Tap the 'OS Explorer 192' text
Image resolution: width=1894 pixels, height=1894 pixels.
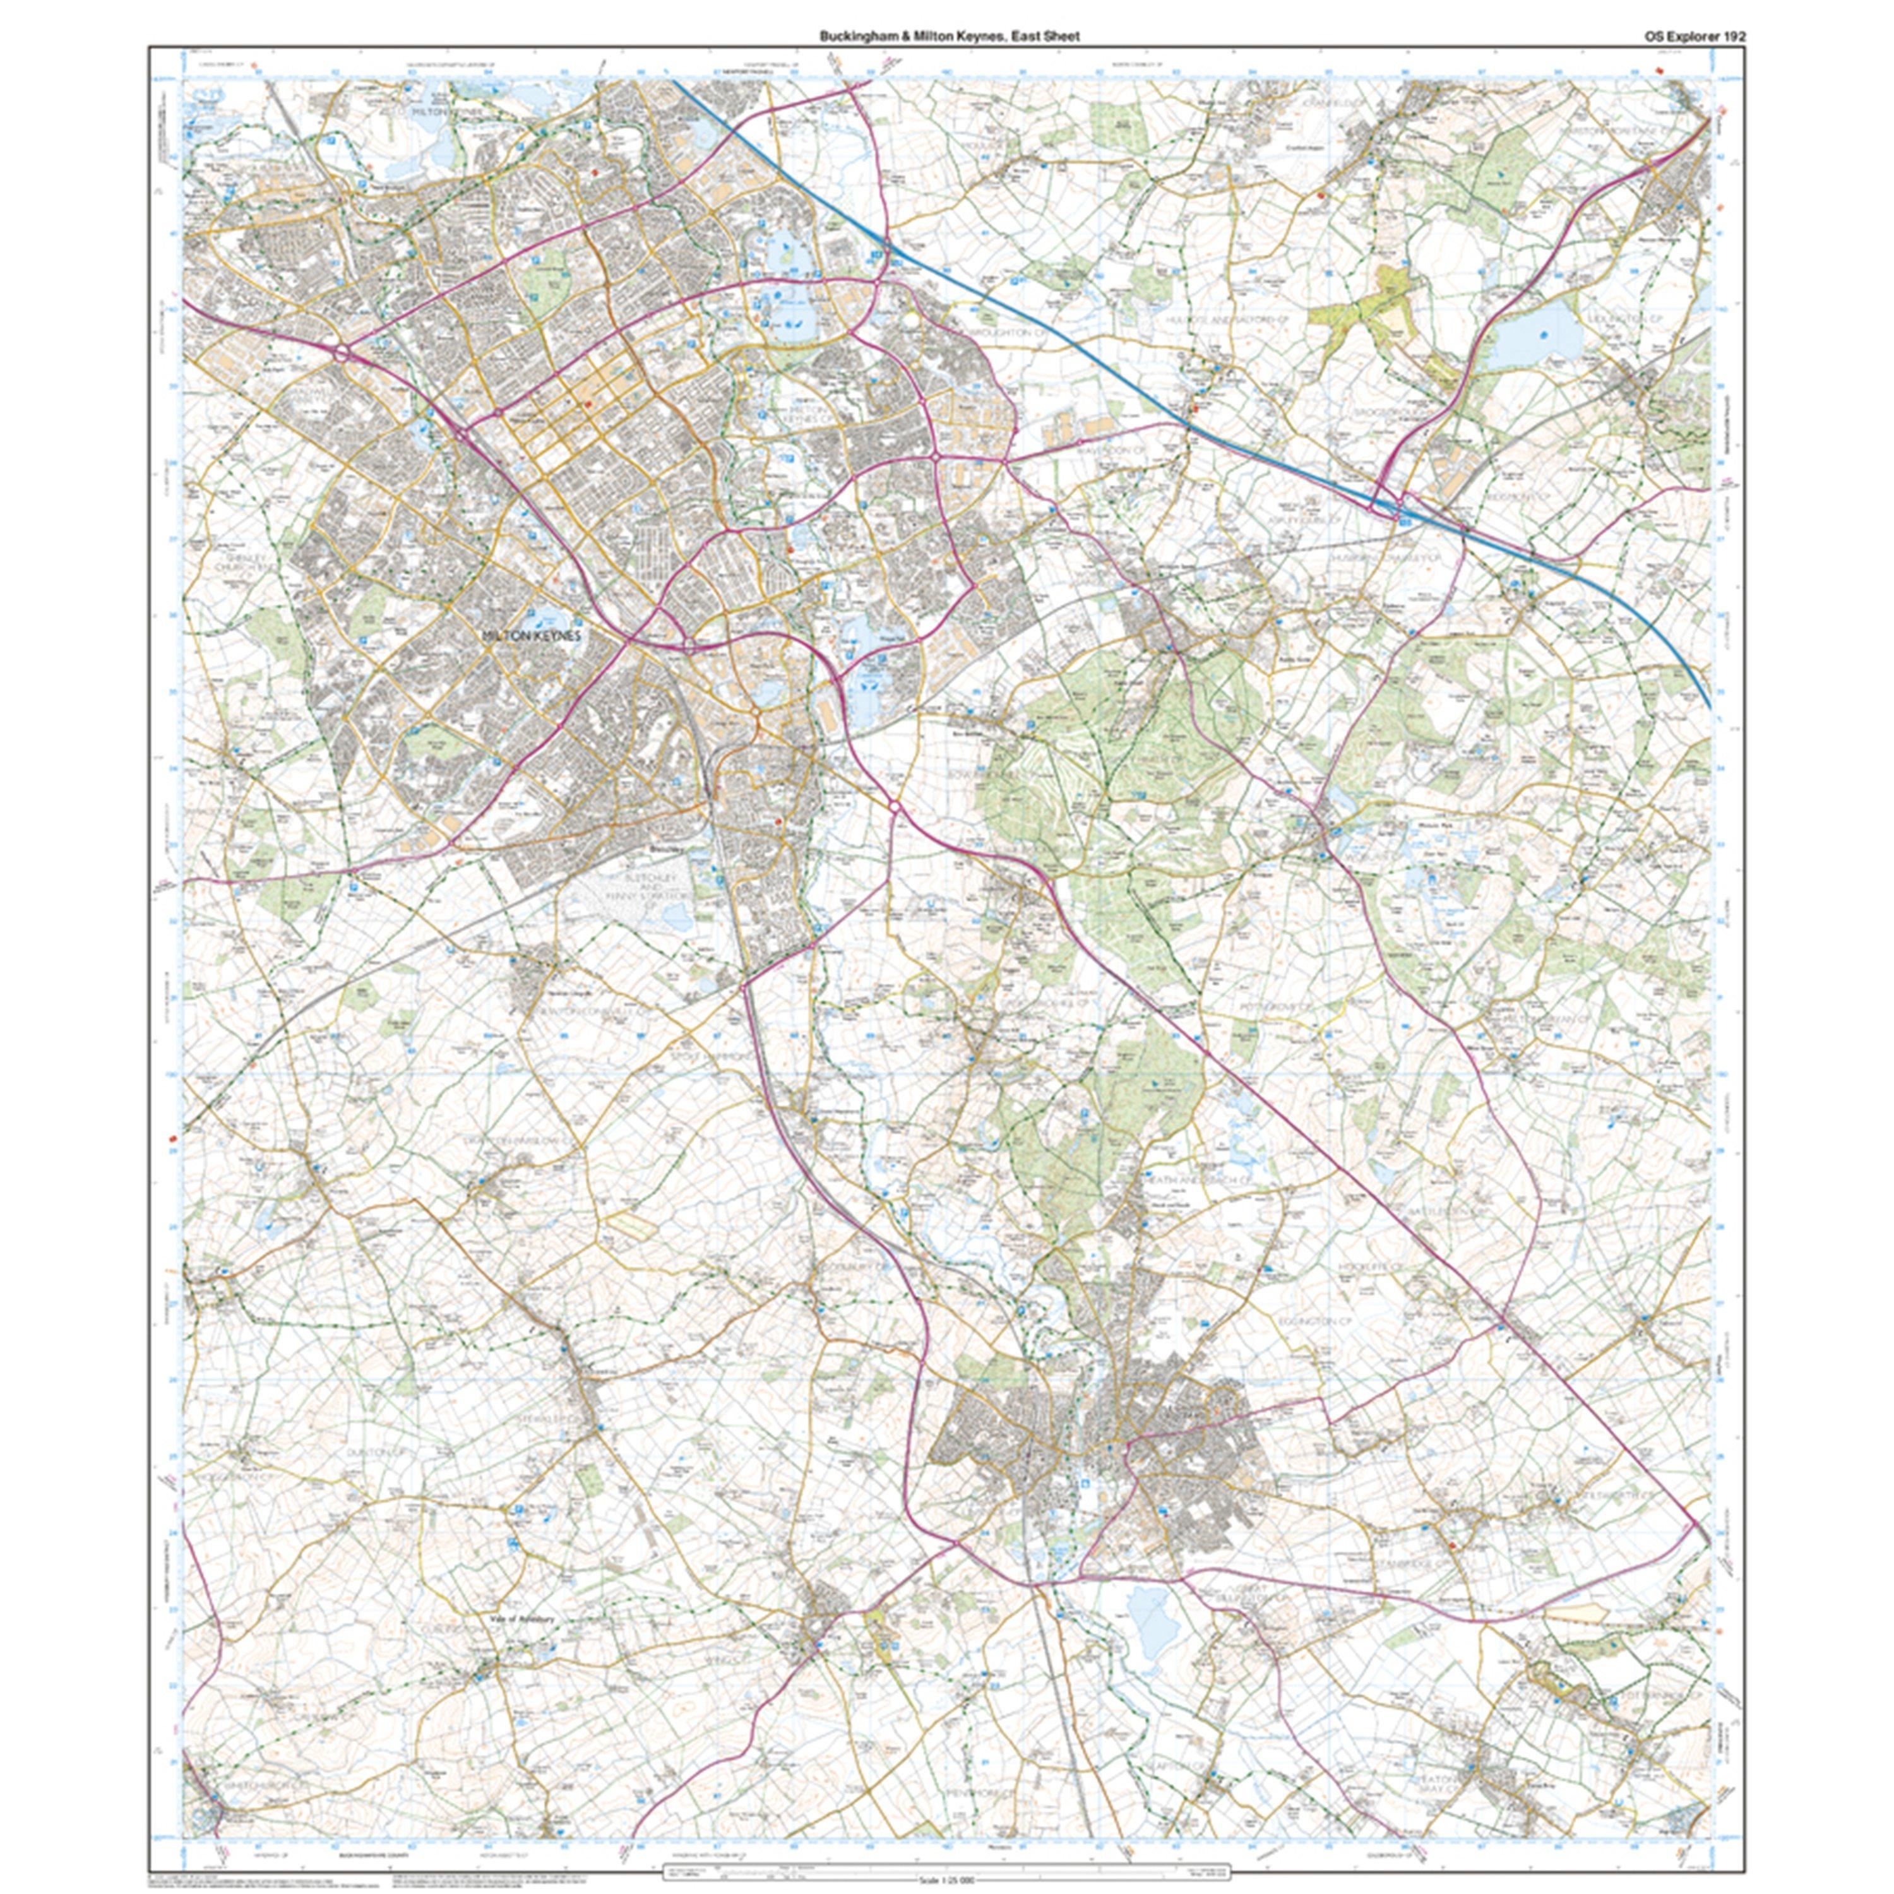pyautogui.click(x=1694, y=36)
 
